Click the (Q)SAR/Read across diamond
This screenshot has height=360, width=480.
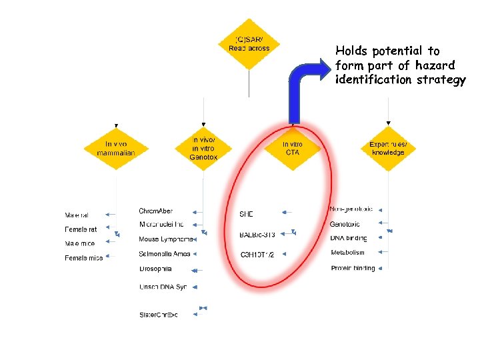tap(249, 44)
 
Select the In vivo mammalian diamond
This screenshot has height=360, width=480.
tap(116, 148)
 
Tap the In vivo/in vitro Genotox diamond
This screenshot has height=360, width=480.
tap(204, 148)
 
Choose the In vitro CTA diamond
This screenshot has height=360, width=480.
tap(292, 148)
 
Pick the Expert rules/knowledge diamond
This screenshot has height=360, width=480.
tap(387, 148)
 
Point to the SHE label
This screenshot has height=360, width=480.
tap(246, 214)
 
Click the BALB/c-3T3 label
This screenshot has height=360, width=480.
tap(257, 235)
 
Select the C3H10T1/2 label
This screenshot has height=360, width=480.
tap(257, 255)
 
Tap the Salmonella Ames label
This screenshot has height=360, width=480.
tap(165, 254)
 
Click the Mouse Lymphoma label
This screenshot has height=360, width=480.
tap(166, 239)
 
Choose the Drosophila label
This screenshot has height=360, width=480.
tap(155, 269)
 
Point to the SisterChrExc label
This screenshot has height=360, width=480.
tap(159, 314)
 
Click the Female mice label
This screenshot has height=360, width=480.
tap(83, 258)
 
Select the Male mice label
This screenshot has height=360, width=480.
tap(80, 243)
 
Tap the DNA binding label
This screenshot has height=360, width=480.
tap(348, 238)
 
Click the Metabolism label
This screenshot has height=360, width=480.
tap(347, 253)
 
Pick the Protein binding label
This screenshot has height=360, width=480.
tap(353, 268)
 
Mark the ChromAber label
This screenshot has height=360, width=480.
tap(155, 211)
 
